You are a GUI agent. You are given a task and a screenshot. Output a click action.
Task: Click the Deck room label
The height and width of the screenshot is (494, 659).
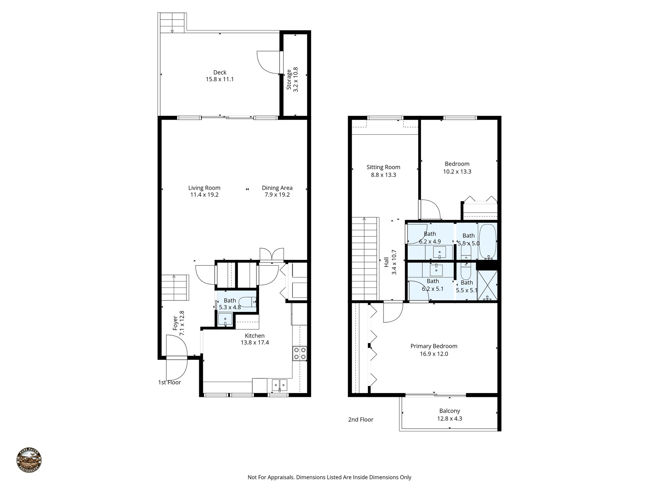(x=220, y=72)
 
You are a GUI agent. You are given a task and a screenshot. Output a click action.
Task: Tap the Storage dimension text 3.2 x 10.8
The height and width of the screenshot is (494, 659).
(x=296, y=79)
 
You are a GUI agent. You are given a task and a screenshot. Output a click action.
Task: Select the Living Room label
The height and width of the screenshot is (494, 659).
(x=204, y=188)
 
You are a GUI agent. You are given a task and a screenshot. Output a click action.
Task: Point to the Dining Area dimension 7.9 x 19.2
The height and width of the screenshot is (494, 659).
(x=277, y=195)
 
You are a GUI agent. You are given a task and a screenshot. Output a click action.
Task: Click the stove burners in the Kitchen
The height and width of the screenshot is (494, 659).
(x=300, y=353)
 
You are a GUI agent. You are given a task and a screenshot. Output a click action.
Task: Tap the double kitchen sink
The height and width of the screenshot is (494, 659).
(x=280, y=384)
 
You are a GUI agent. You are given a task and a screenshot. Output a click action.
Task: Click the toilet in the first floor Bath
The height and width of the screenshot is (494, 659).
(x=248, y=302)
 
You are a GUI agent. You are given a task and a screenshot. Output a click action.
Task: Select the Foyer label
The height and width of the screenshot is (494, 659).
(x=175, y=323)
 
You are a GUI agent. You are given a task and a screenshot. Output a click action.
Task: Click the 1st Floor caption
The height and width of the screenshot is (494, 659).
(x=169, y=382)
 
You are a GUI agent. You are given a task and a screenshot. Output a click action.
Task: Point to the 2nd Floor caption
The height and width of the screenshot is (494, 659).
(x=360, y=419)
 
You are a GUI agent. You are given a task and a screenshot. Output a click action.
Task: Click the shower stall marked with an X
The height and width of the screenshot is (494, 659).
(x=487, y=285)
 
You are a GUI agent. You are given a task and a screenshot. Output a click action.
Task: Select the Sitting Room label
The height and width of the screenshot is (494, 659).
(x=383, y=167)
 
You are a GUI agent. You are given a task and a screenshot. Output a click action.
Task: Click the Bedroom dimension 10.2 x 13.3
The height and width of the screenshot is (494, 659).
(x=457, y=171)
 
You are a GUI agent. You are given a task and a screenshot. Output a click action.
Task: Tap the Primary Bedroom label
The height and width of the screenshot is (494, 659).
(x=434, y=346)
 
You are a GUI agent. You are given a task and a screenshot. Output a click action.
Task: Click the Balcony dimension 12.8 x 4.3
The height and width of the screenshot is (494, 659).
(x=450, y=418)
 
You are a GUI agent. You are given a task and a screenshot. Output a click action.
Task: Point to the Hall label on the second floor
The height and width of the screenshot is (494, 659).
(x=386, y=262)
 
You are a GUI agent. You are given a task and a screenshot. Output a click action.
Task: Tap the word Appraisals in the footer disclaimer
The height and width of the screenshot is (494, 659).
(x=279, y=477)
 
